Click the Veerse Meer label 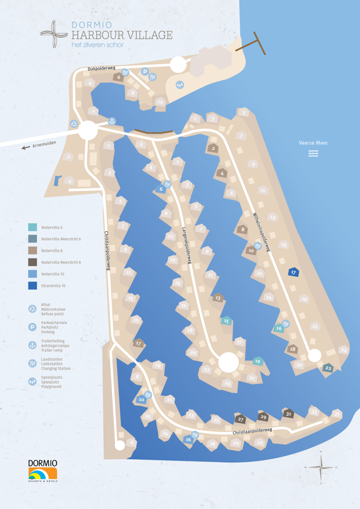point(313,143)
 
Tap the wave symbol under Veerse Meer point(313,154)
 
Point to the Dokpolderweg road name point(100,68)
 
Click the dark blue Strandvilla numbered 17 point(293,272)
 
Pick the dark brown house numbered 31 point(288,414)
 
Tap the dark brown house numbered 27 point(241,419)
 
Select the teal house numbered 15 point(226,321)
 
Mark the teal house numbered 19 point(257,361)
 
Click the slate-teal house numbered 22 point(328,368)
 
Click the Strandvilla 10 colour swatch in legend point(32,286)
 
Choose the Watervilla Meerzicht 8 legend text point(61,262)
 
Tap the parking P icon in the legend point(32,327)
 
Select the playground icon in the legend point(32,381)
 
